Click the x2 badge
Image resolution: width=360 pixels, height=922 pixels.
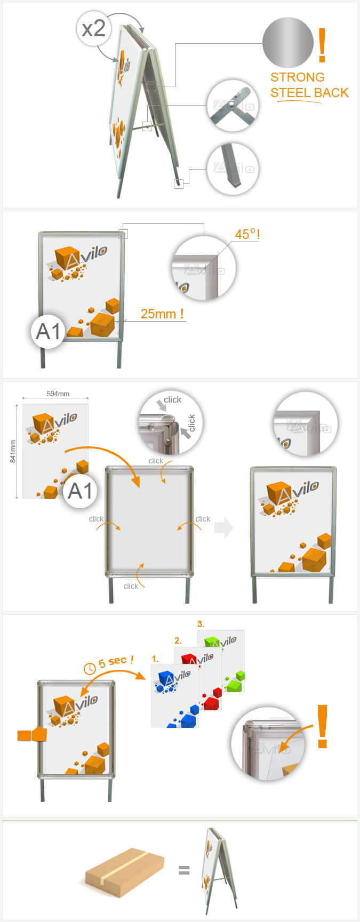tap(94, 28)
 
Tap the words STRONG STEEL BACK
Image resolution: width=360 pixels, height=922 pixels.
tap(309, 85)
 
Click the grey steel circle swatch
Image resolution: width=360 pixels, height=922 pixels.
tap(288, 43)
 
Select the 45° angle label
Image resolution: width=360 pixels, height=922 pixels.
tap(247, 234)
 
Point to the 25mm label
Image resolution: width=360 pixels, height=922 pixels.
tap(162, 314)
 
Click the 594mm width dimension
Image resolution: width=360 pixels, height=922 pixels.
tap(58, 394)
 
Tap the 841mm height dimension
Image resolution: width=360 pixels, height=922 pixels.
tap(13, 451)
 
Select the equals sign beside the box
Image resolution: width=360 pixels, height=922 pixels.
tap(184, 871)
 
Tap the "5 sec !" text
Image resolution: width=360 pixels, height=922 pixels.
tap(116, 661)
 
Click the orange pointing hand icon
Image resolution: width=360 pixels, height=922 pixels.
tap(32, 734)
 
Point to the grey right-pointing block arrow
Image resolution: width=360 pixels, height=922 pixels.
tap(224, 527)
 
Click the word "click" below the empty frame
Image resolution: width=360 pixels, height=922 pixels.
tap(131, 586)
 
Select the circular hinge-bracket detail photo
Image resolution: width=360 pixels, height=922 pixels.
tap(233, 106)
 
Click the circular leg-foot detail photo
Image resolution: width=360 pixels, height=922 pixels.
tap(233, 169)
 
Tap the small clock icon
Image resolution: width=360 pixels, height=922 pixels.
tap(90, 667)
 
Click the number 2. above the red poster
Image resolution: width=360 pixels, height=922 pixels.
tap(178, 640)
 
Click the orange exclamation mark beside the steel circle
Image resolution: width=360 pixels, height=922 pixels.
tap(322, 45)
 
